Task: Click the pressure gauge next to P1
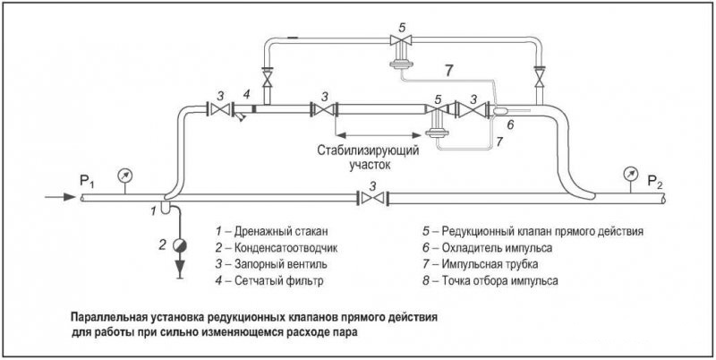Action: (x=124, y=175)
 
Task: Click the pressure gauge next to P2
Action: (x=630, y=174)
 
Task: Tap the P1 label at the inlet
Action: (x=87, y=182)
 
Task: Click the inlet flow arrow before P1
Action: (x=60, y=197)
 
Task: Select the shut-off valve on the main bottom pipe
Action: (x=372, y=198)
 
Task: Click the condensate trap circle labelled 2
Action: (x=180, y=245)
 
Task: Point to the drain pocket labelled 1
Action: (x=166, y=207)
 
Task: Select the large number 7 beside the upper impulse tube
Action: (x=449, y=72)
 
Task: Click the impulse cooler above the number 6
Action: (x=500, y=110)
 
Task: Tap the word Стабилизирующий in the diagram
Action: (x=369, y=150)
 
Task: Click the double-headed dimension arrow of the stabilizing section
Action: (x=378, y=135)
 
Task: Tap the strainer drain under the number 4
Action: (x=240, y=118)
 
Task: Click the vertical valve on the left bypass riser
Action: (x=267, y=77)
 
